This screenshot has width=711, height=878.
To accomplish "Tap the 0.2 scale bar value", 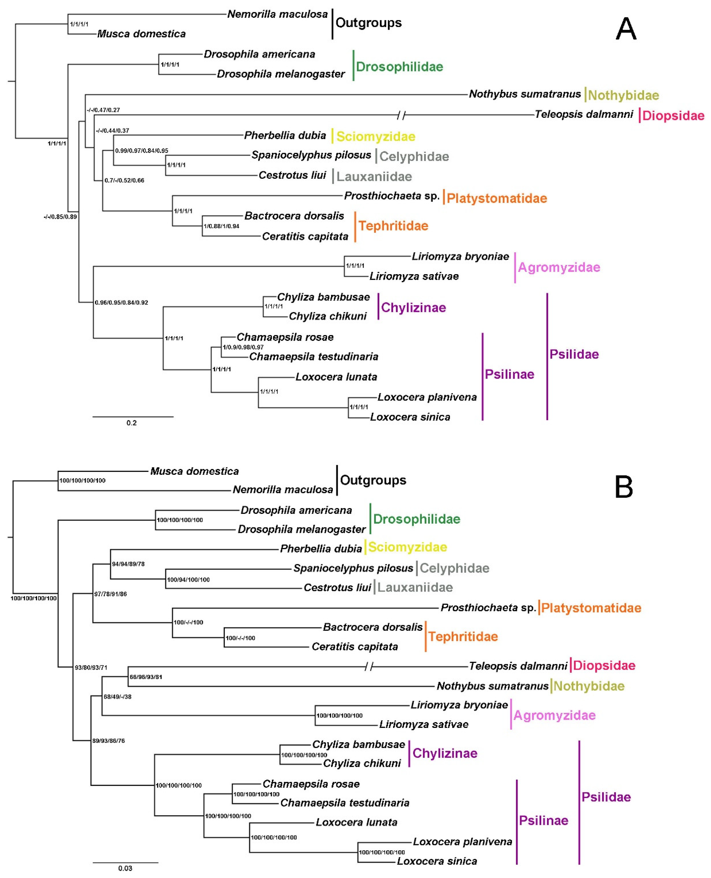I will coord(132,423).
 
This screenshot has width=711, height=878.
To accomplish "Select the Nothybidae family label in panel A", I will coord(623,95).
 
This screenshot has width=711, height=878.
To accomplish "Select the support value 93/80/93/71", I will coord(91,667).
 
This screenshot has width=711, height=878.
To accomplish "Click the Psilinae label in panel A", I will coord(509,374).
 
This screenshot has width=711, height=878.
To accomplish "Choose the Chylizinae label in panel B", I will coord(445,753).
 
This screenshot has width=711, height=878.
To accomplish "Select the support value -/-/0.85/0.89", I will coord(60,217).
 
